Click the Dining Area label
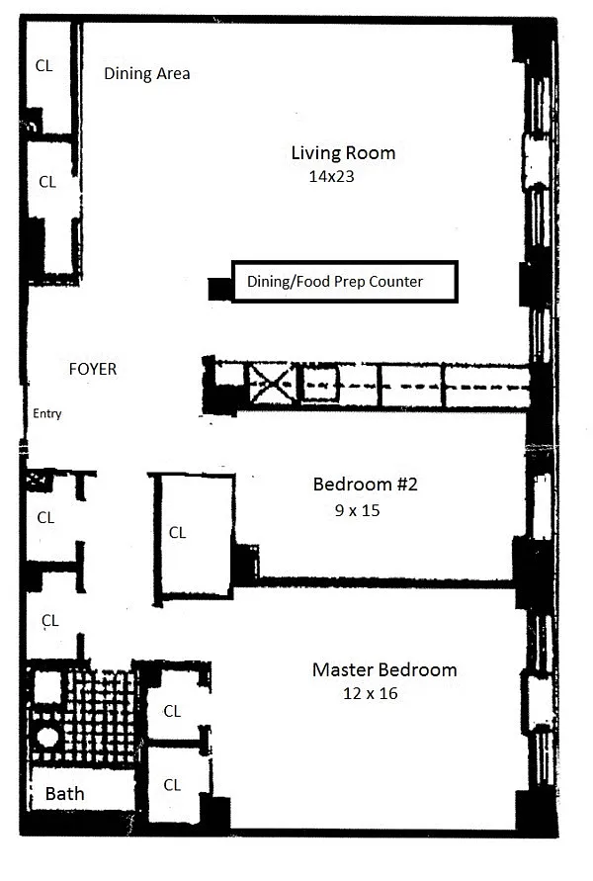[x=147, y=73]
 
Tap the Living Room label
[x=343, y=153]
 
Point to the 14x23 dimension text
[x=331, y=176]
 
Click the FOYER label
[x=93, y=369]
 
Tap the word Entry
[x=47, y=413]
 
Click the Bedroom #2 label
[x=365, y=485]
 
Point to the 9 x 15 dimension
[x=357, y=511]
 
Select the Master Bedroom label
[x=384, y=669]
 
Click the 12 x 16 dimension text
[x=371, y=693]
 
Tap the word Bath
[x=64, y=794]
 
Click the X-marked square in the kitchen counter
[x=273, y=385]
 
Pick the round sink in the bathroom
[x=47, y=737]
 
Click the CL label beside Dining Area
[x=43, y=65]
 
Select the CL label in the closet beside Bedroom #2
[x=178, y=533]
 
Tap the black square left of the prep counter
[x=219, y=290]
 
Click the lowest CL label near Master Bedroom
[x=172, y=785]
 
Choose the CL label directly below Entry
[x=45, y=517]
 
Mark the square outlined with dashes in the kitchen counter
[x=320, y=385]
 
